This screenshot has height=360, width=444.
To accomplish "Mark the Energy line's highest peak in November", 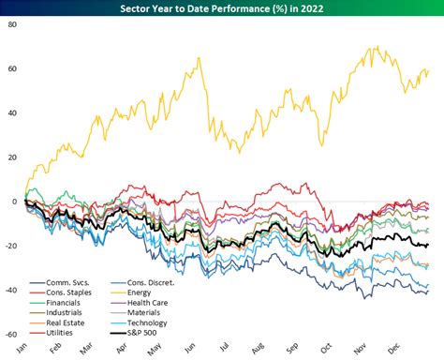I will click(x=376, y=46).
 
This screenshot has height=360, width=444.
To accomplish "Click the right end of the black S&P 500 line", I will click(x=429, y=245).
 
